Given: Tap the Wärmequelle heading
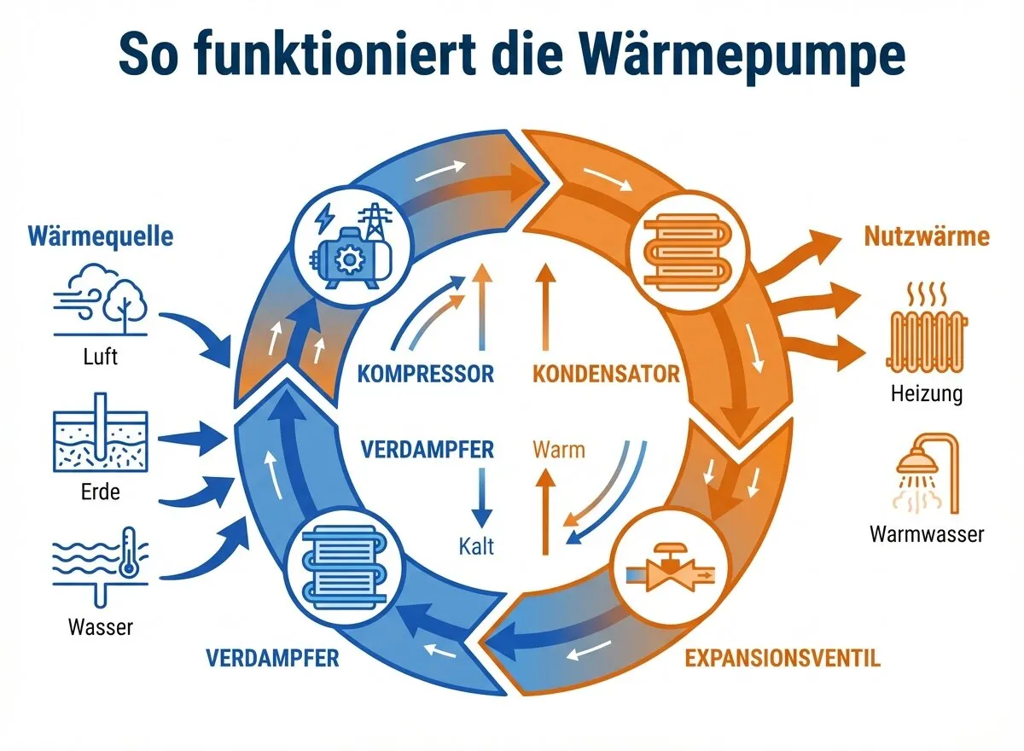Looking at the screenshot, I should tap(100, 236).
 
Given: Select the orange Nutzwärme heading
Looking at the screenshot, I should tap(926, 236).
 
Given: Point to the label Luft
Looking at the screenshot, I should tap(100, 355).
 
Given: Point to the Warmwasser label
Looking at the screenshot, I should tap(926, 534).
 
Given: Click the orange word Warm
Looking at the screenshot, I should tap(559, 449).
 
